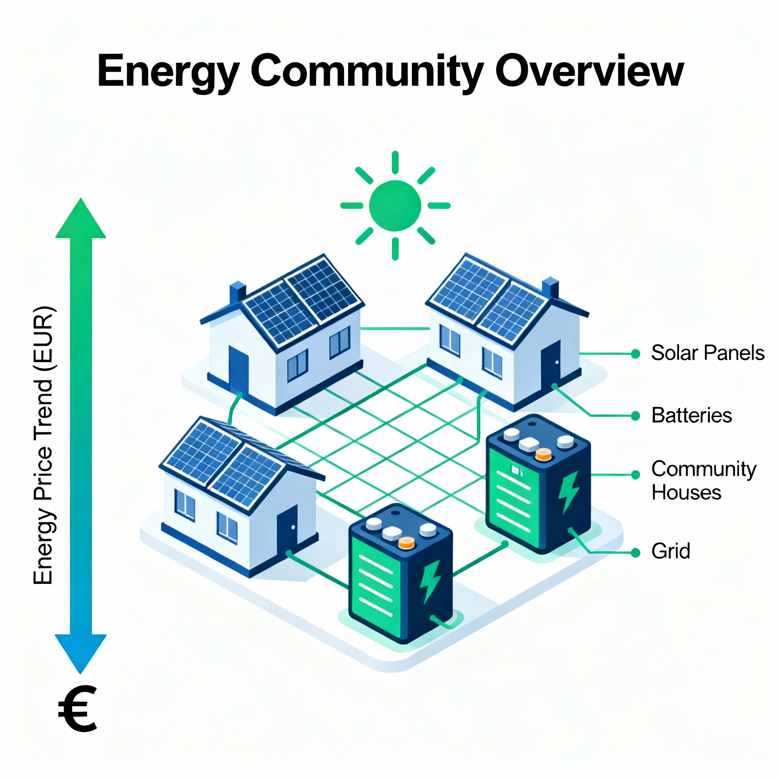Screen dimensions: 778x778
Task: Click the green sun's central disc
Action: (x=395, y=206)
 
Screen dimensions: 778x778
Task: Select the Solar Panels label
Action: (x=707, y=353)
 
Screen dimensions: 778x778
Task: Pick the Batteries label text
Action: (x=691, y=416)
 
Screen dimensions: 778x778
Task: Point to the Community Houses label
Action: (x=704, y=481)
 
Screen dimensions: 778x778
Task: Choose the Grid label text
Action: (x=670, y=551)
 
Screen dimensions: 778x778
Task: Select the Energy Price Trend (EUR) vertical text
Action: (x=43, y=445)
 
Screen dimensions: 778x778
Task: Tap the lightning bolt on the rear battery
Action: (x=568, y=492)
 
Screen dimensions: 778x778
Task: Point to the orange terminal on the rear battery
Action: (x=543, y=455)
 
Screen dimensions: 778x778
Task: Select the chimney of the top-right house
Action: (x=550, y=288)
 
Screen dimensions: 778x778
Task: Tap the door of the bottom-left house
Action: (x=287, y=529)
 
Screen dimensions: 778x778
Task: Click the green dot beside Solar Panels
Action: (x=636, y=354)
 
